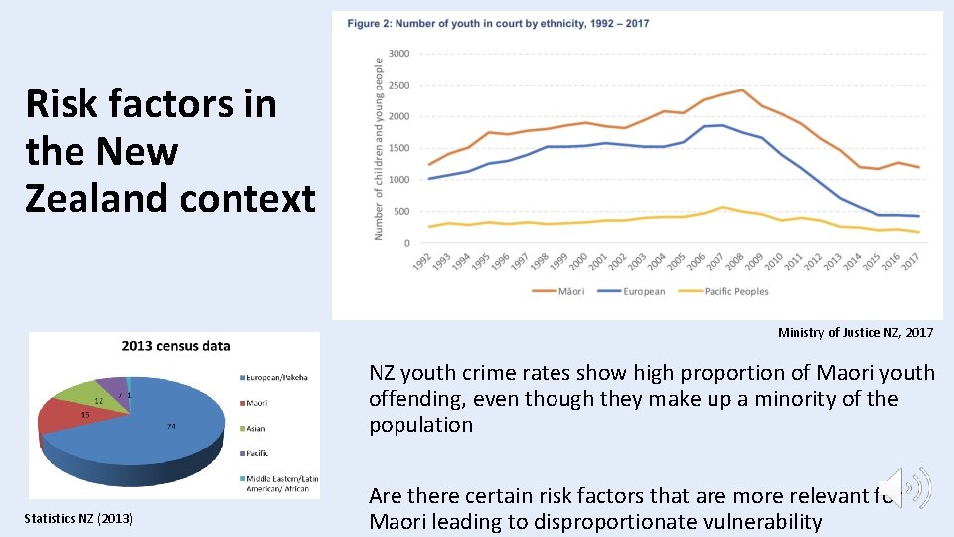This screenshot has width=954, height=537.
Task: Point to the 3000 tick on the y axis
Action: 397,54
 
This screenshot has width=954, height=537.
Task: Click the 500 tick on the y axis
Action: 400,212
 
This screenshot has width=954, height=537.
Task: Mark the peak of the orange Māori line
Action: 741,90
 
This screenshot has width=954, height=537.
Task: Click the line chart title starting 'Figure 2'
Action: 498,23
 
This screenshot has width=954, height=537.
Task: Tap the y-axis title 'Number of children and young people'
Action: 379,147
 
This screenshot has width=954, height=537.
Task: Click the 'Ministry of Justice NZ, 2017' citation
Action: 856,333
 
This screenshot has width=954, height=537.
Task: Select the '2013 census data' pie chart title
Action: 176,346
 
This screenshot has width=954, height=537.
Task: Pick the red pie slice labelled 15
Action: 75,418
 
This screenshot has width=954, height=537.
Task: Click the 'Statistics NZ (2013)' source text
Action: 79,518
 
